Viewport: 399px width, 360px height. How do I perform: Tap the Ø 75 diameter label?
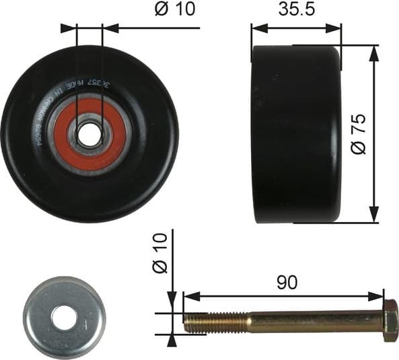click(x=360, y=134)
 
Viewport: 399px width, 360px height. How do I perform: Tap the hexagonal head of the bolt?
click(x=390, y=321)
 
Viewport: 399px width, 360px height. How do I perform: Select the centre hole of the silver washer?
click(x=65, y=318)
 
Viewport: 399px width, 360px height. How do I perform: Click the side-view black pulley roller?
click(x=296, y=134)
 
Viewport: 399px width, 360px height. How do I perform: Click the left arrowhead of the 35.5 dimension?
click(x=256, y=28)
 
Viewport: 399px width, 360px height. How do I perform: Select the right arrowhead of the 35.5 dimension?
click(x=338, y=28)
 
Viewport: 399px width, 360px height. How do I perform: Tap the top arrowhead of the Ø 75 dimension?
click(x=373, y=51)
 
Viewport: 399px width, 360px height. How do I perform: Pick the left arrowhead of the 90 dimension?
click(x=188, y=296)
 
